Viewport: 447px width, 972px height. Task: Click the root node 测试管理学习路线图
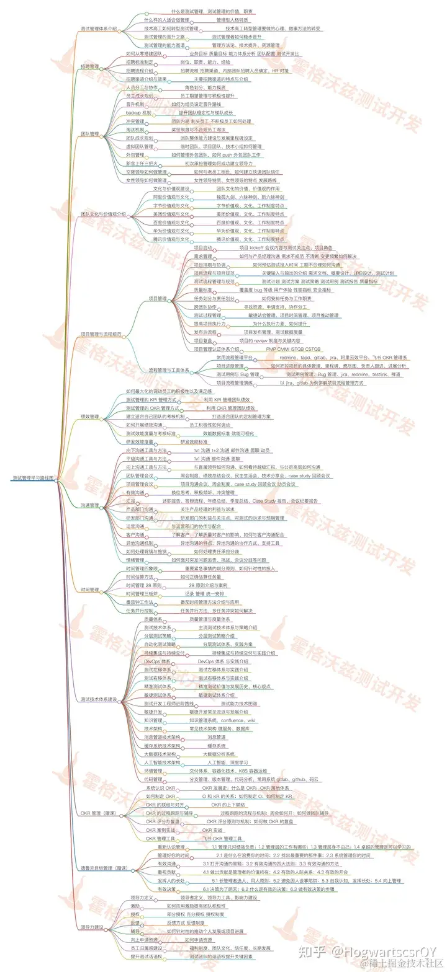point(33,478)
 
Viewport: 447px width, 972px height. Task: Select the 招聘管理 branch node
point(90,66)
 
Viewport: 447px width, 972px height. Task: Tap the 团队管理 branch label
point(90,133)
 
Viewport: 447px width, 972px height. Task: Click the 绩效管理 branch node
point(90,417)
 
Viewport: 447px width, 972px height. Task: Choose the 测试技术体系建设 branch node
point(99,699)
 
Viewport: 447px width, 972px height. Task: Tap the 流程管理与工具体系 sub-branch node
point(169,371)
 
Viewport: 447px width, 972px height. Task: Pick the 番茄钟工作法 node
point(139,601)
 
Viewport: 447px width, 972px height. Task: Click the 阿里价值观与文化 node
point(171,197)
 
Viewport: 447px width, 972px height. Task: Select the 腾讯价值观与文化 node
point(171,239)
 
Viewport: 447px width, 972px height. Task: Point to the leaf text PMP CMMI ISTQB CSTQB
point(289,349)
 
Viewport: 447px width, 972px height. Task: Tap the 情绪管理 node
point(135,559)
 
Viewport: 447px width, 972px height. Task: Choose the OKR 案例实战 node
point(161,829)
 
